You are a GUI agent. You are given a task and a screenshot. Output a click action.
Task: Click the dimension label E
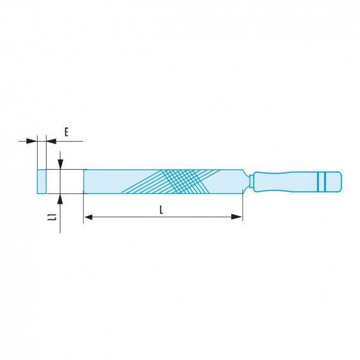point(66,133)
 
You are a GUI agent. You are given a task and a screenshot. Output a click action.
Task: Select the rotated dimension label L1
point(55,218)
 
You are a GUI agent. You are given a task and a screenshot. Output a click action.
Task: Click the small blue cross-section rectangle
point(42,181)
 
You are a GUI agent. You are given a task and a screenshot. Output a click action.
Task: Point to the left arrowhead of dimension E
point(33,140)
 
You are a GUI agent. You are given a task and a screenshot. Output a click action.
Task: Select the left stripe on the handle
point(318,181)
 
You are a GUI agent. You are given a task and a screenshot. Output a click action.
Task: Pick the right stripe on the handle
point(325,181)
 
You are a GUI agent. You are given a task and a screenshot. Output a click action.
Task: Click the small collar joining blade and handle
point(251,181)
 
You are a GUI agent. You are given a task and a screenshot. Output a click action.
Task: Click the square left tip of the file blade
point(86,181)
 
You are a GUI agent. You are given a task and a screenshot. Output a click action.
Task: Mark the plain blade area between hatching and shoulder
point(224,181)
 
